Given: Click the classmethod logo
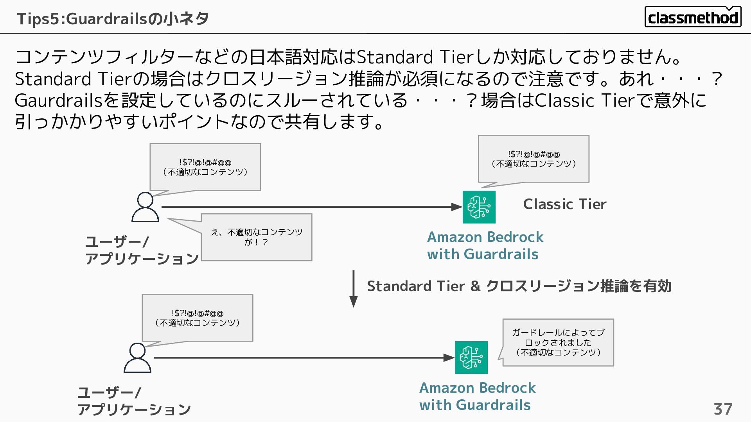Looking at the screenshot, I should point(693,17).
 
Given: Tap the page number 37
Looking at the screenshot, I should point(723,409).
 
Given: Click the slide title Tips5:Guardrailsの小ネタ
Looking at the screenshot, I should point(113,18).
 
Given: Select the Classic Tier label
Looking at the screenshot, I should point(564,204).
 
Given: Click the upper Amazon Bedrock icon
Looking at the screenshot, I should point(479,207).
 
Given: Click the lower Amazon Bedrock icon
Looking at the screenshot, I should point(471,358).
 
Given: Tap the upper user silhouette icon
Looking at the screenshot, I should point(145,207).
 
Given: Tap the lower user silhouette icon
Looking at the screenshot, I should point(137,358).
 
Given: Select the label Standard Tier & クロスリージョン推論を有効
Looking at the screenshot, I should point(519,286).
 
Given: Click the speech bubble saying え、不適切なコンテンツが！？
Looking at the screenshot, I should point(256,237).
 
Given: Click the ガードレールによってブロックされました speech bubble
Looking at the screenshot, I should point(558,342).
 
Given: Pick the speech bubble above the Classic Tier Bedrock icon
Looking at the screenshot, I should point(534,159).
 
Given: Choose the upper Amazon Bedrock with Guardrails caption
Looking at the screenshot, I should point(485,245).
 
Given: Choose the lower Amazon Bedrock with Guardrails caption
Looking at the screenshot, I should point(477,396).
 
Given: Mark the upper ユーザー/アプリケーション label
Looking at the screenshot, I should point(142,250).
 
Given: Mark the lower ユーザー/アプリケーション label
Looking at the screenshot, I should point(134,401).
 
